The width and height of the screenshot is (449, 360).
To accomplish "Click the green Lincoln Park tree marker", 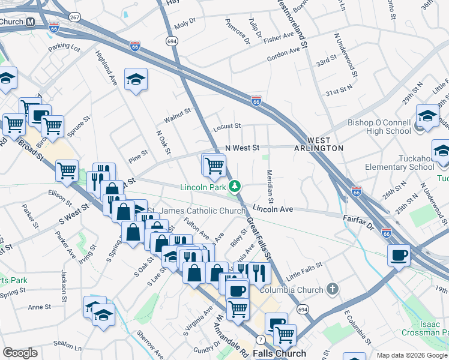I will [x=234, y=187].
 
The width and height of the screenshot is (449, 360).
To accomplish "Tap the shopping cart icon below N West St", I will [x=214, y=164].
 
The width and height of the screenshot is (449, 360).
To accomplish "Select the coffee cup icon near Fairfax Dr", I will [x=399, y=255].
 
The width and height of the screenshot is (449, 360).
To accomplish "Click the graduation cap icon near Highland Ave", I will [x=136, y=79].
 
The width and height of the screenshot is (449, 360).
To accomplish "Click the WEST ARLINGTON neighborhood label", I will [x=319, y=148].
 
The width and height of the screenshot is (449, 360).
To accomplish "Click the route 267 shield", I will [x=74, y=17].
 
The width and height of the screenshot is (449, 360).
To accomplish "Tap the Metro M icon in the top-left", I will [x=30, y=22].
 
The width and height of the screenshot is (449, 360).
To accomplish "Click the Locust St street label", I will [x=227, y=127].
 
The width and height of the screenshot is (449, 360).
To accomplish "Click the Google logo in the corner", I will [x=20, y=353].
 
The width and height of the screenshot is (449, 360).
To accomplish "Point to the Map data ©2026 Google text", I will [x=411, y=355].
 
